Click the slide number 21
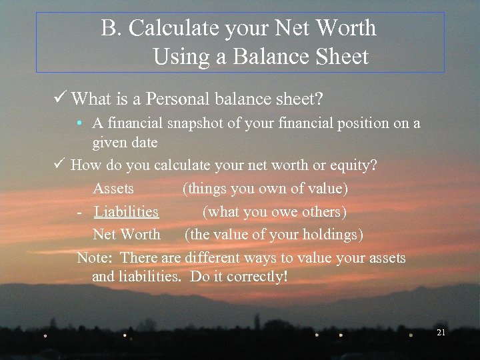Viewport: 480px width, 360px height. [440, 332]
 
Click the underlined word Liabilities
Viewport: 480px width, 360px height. [127, 212]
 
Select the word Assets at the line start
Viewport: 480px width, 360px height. [113, 189]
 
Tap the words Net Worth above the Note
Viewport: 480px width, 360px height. [127, 235]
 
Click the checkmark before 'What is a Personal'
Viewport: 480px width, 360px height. [61, 99]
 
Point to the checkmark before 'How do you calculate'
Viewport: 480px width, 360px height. [60, 165]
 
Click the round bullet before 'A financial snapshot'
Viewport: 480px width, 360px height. [79, 124]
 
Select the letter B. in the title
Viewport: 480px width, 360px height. [111, 29]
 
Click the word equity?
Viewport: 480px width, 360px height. [354, 165]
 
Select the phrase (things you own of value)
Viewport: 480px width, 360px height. [265, 189]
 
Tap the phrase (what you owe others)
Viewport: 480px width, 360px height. [274, 212]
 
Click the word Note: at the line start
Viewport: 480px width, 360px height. [96, 258]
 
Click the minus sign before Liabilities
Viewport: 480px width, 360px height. [79, 212]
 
